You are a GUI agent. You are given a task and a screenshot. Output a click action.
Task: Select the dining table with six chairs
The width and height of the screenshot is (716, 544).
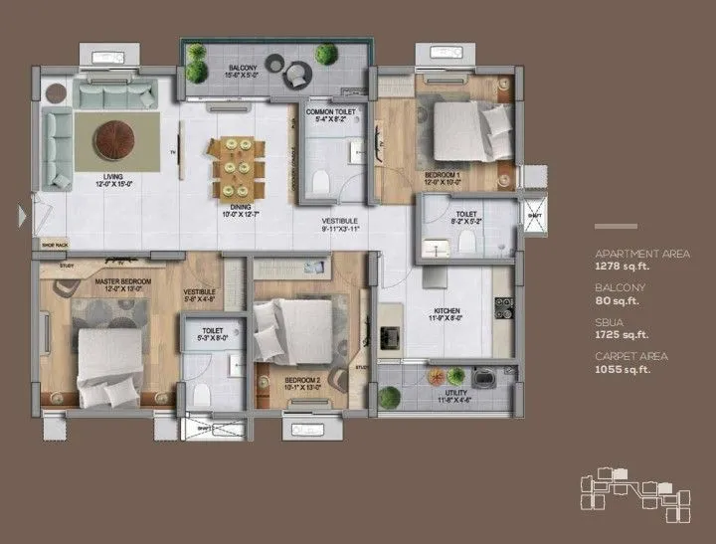click(x=237, y=167)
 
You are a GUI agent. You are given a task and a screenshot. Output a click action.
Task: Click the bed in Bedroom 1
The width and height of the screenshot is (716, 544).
click(x=465, y=133)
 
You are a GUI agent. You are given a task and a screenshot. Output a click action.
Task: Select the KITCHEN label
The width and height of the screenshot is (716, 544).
click(x=447, y=311)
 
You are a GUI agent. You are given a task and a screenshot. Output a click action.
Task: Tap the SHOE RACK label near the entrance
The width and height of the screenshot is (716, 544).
click(x=55, y=244)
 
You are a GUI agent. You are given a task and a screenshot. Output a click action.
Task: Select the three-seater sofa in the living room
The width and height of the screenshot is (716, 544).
click(x=117, y=96)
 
